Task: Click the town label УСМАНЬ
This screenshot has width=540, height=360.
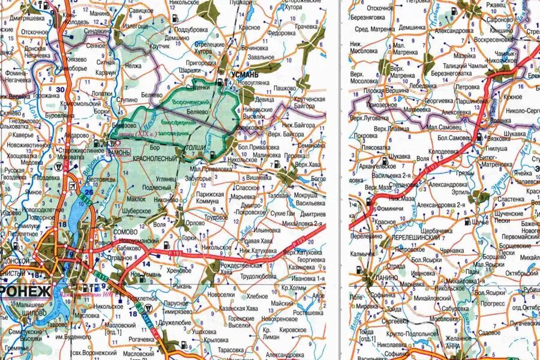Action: point(244,73)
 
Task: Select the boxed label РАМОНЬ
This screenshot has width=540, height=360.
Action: point(118,152)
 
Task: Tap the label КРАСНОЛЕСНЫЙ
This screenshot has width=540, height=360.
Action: point(158,158)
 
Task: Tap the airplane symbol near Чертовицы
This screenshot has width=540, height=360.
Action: point(73,183)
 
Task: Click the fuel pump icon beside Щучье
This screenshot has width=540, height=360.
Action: point(467,221)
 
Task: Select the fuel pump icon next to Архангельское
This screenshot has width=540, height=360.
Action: point(385,160)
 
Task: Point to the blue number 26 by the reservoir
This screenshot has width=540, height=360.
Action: point(89,192)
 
